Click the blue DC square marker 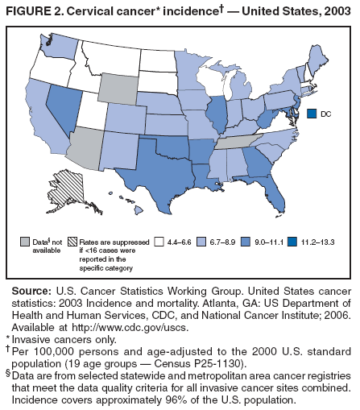[x=312, y=114]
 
